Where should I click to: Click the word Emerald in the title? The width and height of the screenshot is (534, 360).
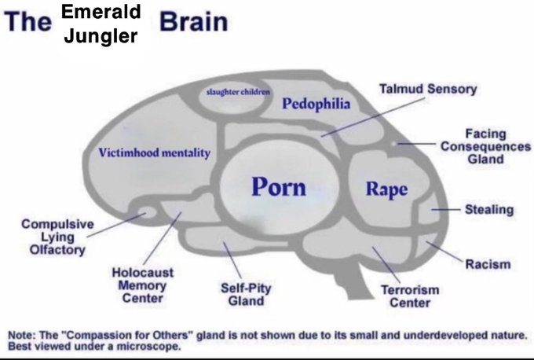101,12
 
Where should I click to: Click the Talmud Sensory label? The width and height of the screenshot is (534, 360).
428,89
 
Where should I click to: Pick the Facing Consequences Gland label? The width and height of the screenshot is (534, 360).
485,146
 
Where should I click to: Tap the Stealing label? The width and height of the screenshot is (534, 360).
488,210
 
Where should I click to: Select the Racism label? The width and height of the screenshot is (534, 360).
488,264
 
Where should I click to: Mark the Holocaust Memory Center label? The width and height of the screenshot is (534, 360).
142,285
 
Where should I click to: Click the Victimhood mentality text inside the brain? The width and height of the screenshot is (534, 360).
154,152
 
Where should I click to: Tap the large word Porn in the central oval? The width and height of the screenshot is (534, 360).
279,186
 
